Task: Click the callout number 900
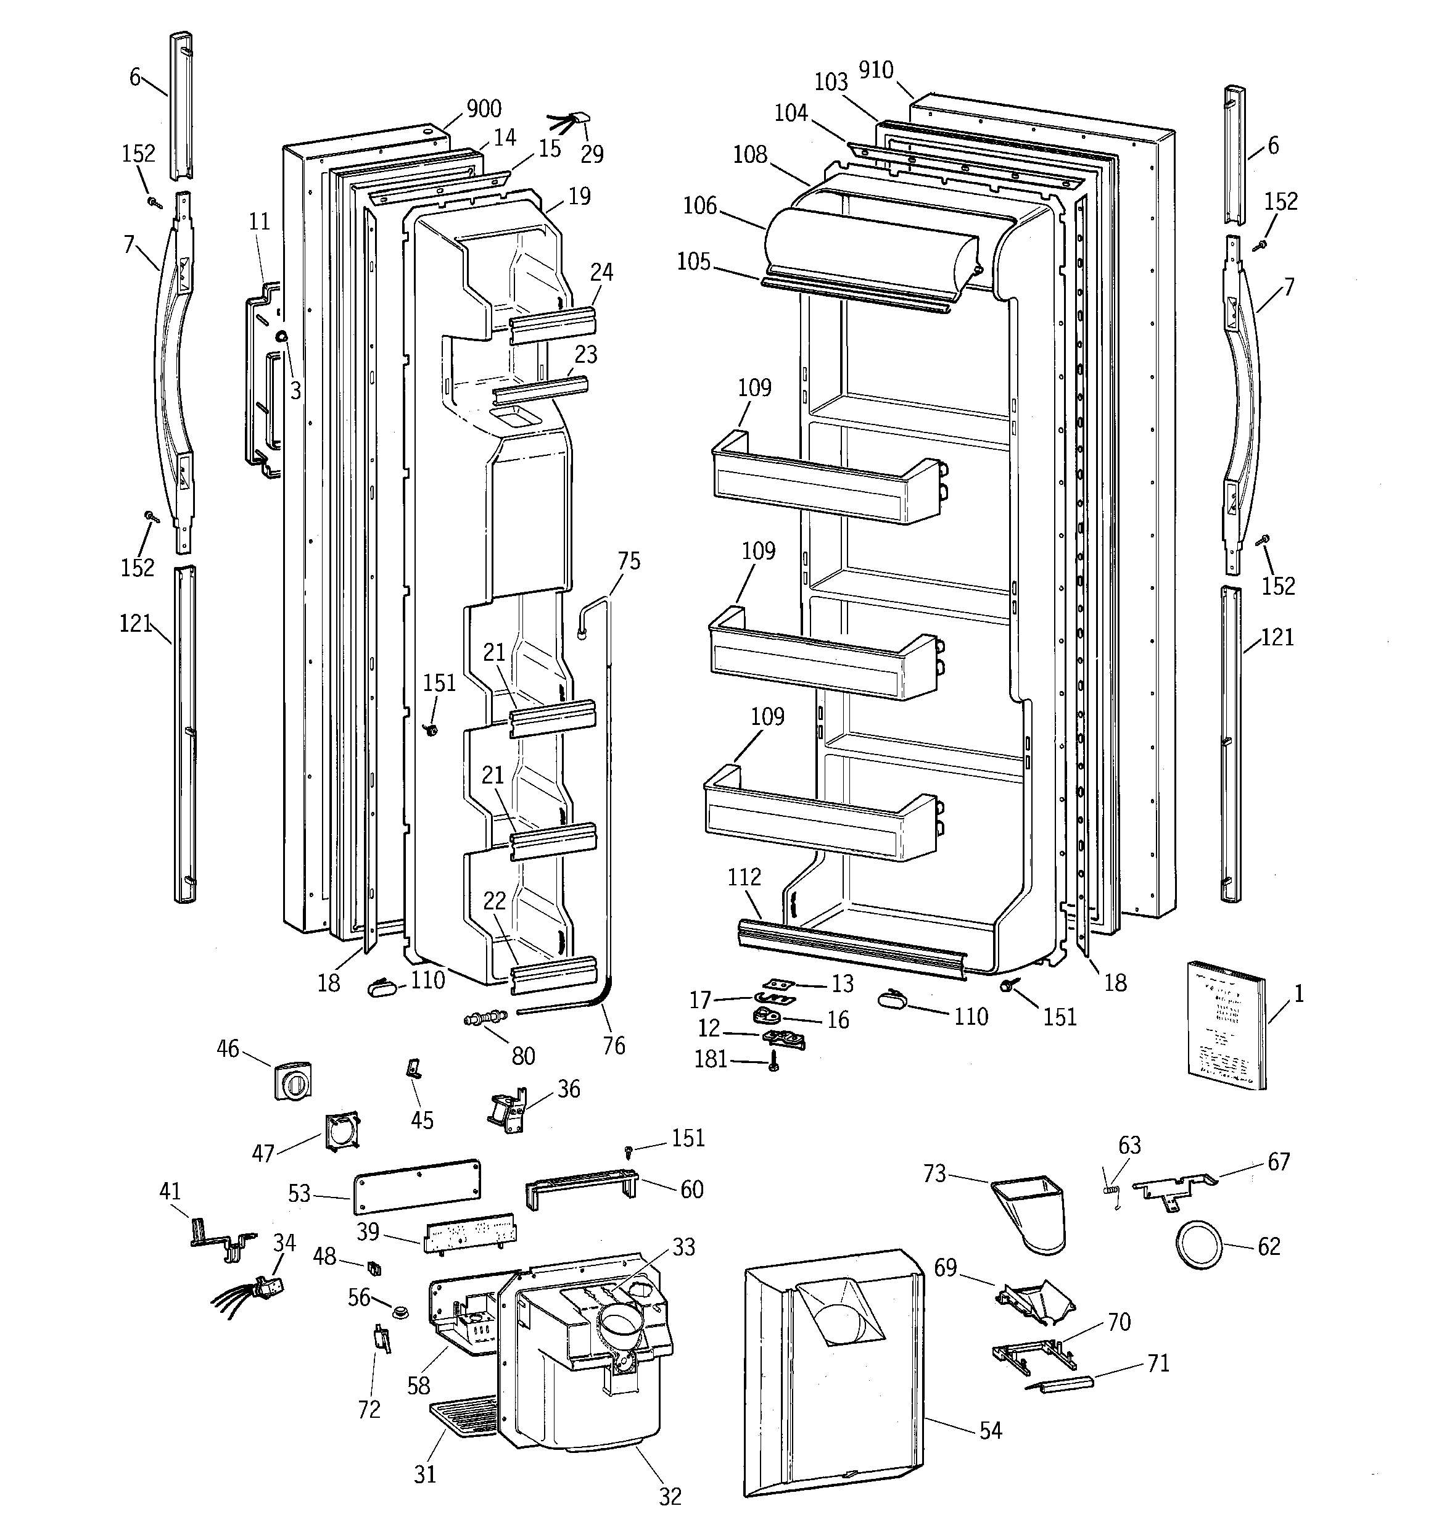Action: [484, 109]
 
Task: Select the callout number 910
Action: [876, 71]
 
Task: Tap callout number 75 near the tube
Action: [629, 561]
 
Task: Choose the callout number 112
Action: [743, 877]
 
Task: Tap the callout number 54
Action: [990, 1430]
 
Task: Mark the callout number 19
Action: [580, 197]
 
